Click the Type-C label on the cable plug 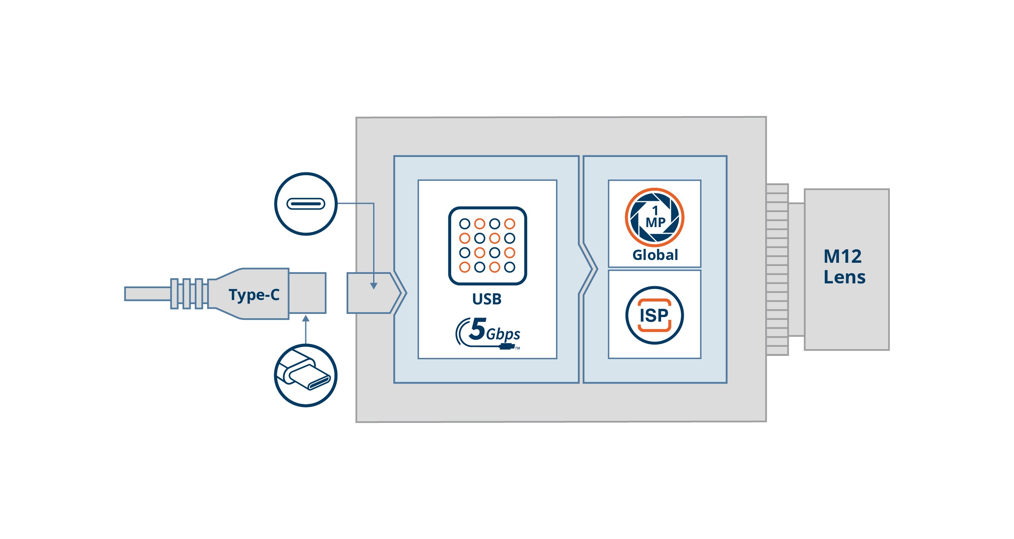[x=254, y=295]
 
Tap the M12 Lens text [x=844, y=267]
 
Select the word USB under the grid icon [x=487, y=299]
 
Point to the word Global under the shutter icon [x=655, y=255]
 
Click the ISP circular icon [x=654, y=315]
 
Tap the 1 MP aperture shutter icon [x=654, y=217]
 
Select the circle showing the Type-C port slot [x=305, y=204]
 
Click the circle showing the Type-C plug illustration [x=305, y=375]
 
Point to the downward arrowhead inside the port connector [x=374, y=286]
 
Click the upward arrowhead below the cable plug [x=305, y=319]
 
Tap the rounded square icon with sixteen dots [x=487, y=246]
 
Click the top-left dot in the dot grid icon [x=465, y=224]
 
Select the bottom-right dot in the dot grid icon [x=510, y=267]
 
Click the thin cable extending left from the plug [x=147, y=294]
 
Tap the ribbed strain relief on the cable [x=189, y=294]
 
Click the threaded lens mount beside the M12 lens [x=777, y=269]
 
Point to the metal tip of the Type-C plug [x=307, y=293]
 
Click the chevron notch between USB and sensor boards [x=589, y=269]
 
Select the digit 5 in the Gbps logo [x=478, y=329]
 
